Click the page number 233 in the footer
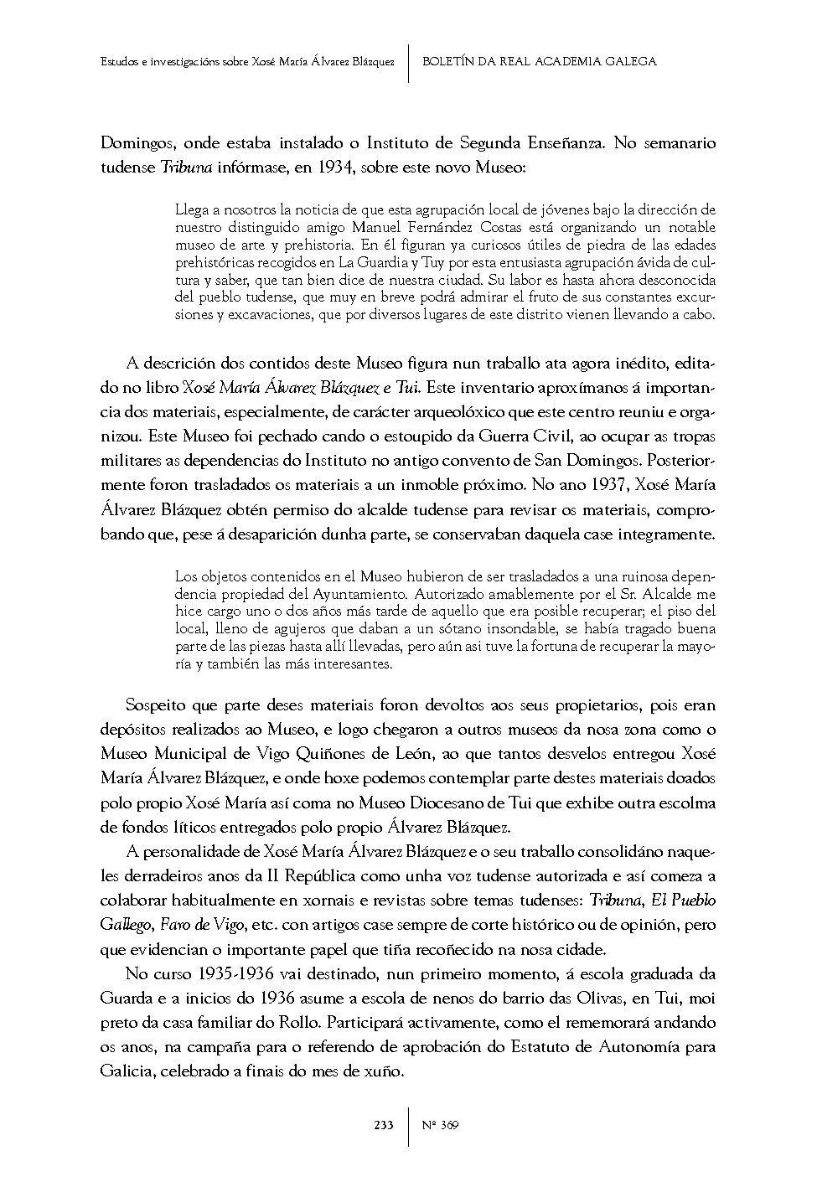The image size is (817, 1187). pos(384,1125)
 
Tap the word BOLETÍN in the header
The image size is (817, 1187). pos(448,61)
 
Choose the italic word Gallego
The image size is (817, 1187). pos(126,925)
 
